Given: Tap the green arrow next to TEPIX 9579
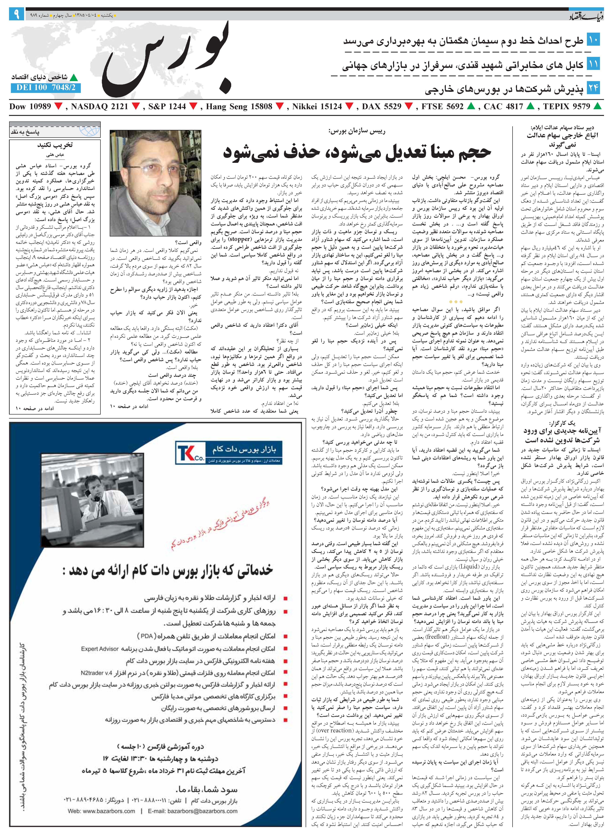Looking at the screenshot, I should [x=597, y=106].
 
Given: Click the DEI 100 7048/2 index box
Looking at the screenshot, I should [x=46, y=87].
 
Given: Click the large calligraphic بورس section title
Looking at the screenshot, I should [x=167, y=59].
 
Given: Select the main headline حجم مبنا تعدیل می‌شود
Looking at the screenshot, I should [x=356, y=152].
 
